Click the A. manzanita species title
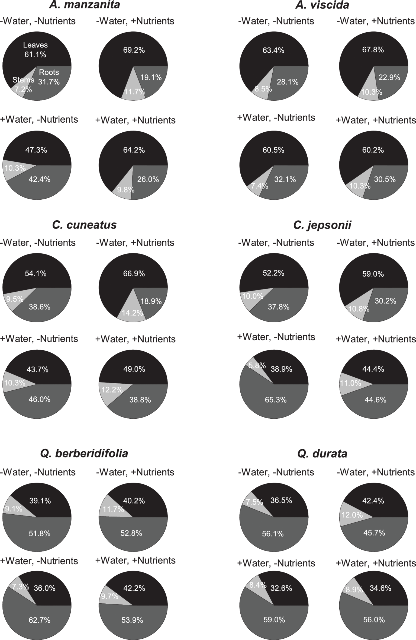click(84, 5)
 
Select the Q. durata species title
click(322, 453)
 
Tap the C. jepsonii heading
click(322, 225)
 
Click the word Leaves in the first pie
click(35, 45)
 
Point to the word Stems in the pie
click(23, 80)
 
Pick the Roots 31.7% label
click(49, 77)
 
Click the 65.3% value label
click(276, 400)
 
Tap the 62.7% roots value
click(40, 620)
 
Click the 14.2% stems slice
click(132, 313)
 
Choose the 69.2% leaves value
click(134, 50)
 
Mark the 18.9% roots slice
click(151, 301)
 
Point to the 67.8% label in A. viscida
click(373, 50)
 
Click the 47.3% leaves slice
click(36, 150)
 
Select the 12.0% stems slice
click(352, 515)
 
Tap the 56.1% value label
click(273, 534)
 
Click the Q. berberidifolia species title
click(84, 453)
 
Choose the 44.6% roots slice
click(375, 400)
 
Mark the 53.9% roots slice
click(132, 620)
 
